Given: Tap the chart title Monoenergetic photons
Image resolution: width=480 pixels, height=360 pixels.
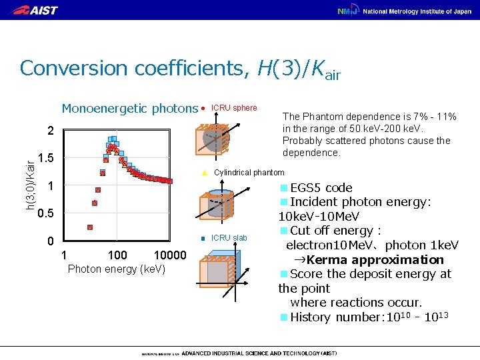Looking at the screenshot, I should (x=129, y=109).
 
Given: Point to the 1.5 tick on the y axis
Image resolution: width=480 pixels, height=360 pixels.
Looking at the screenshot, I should (x=46, y=158).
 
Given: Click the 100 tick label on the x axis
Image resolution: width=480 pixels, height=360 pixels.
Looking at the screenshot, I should (x=118, y=255).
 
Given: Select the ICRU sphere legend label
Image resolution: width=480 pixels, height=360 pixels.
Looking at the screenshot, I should (x=233, y=108).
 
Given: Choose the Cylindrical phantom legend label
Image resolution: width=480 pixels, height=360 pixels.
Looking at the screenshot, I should (x=249, y=173).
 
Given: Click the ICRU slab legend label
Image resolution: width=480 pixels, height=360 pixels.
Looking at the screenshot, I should (x=229, y=238).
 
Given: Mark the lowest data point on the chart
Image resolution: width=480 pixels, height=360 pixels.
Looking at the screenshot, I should (x=90, y=227).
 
